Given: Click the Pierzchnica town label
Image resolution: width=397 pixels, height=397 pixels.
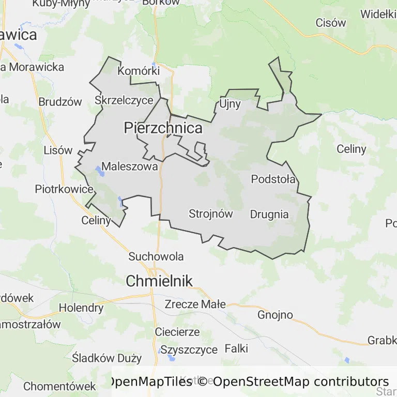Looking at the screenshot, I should point(163,128).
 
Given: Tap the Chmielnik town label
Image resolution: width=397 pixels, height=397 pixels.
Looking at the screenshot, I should point(159,281).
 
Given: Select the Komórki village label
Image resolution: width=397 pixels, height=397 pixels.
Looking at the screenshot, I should point(139,71).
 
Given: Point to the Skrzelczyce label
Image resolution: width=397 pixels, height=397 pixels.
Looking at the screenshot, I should point(124,100).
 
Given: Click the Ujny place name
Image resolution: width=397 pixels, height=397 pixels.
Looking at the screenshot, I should point(230,104).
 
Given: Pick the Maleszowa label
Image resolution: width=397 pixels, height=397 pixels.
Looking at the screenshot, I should point(130,166).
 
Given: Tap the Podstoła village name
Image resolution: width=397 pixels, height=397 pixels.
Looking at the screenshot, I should point(273,179).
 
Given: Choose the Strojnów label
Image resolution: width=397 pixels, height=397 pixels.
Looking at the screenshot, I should point(211,213).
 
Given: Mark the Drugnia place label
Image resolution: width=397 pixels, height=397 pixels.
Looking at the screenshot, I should point(269,214).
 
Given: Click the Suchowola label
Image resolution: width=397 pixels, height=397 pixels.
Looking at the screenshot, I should point(156,256).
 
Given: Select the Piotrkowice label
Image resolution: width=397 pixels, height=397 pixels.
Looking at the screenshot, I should point(64,189).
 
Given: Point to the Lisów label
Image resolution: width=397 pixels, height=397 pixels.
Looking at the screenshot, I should point(58,150).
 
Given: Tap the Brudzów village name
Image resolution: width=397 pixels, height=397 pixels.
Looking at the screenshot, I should point(60,102).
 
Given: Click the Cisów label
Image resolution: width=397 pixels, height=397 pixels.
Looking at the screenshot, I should point(330,23).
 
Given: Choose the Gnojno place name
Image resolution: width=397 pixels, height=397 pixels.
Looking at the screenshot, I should point(275,314).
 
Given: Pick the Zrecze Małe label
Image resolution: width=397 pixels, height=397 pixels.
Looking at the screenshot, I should point(195,304).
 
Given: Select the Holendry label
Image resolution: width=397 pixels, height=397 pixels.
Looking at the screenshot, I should point(81,308).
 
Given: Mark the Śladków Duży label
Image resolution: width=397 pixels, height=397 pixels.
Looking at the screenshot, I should point(107,358).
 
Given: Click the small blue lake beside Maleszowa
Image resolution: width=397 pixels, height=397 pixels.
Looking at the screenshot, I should point(99,171).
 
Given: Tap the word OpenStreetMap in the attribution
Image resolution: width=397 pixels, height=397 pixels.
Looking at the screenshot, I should point(261,381).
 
